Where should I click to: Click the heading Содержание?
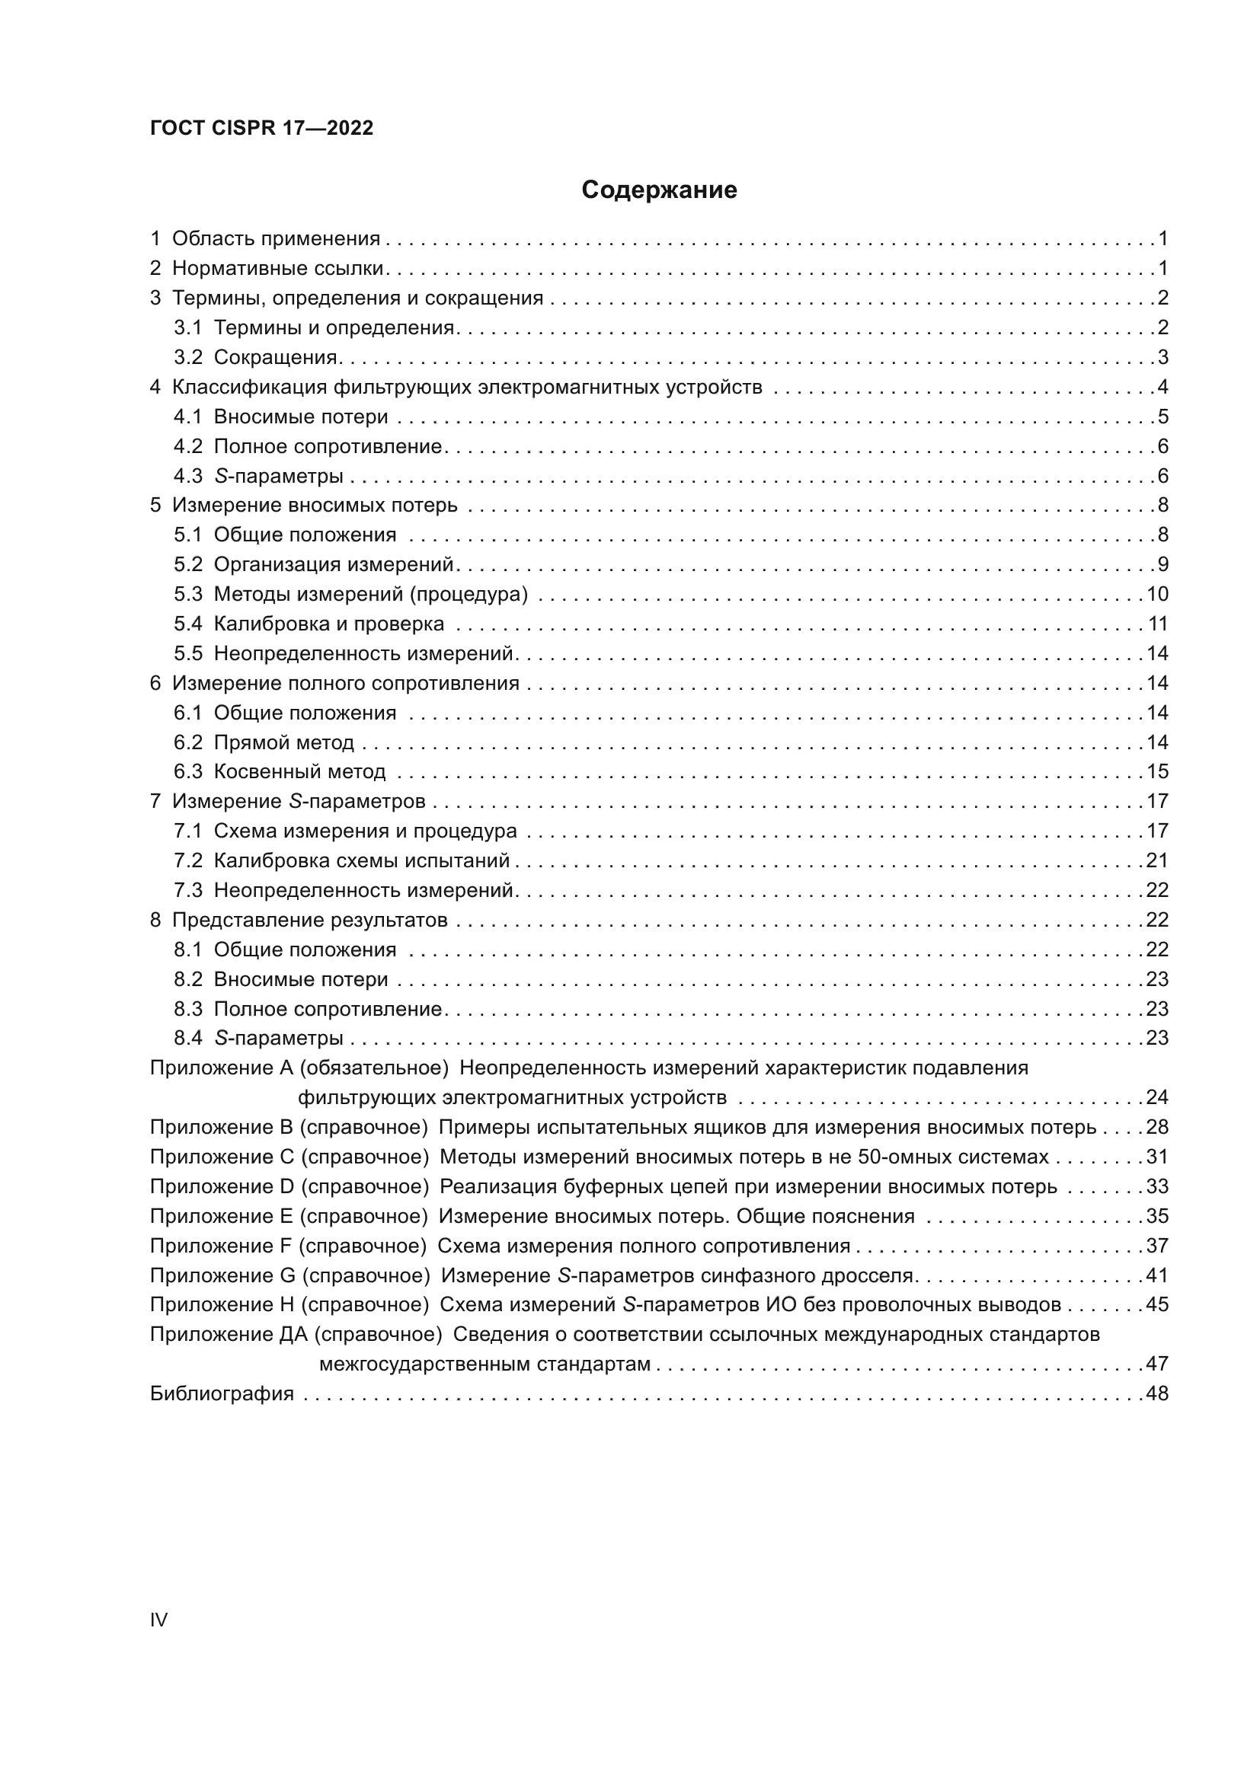(x=659, y=190)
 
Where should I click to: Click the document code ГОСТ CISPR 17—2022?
(x=261, y=128)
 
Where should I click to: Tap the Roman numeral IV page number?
(x=158, y=1620)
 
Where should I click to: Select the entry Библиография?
(x=222, y=1393)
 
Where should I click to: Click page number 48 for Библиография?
(x=1157, y=1393)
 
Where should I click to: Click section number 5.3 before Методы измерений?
(x=187, y=594)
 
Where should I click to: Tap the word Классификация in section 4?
(x=247, y=387)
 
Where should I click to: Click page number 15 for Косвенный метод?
(x=1157, y=772)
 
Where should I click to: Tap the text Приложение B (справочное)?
(x=289, y=1127)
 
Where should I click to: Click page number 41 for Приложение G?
(x=1157, y=1275)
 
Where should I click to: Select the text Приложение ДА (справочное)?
(x=296, y=1334)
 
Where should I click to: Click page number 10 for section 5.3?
(x=1157, y=594)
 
